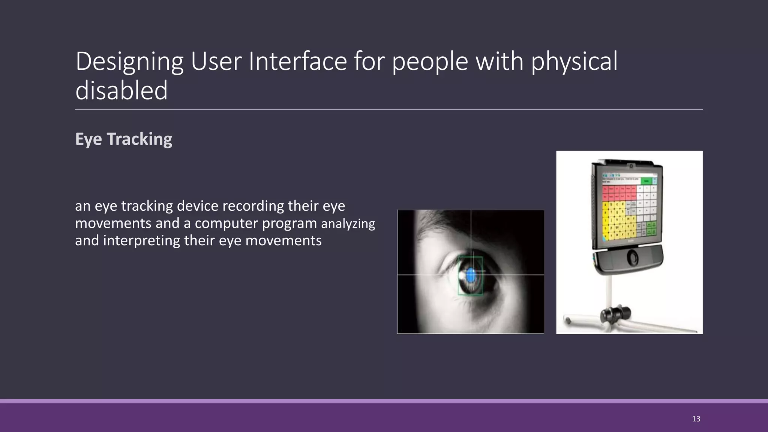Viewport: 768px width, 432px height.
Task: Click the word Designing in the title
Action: pyautogui.click(x=129, y=62)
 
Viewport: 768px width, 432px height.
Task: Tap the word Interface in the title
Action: pyautogui.click(x=298, y=62)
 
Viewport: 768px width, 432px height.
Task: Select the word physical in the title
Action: pyautogui.click(x=574, y=62)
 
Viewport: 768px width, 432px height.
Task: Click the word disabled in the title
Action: pyautogui.click(x=121, y=91)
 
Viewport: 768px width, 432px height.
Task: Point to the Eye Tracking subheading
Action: pyautogui.click(x=124, y=139)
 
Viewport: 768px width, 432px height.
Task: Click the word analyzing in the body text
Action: pyautogui.click(x=348, y=224)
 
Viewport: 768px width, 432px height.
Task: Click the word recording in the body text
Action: pyautogui.click(x=253, y=206)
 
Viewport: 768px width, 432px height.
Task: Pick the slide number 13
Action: pyautogui.click(x=696, y=419)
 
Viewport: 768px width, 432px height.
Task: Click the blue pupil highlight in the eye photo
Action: pyautogui.click(x=471, y=276)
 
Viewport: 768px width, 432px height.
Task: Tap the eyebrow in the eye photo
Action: pyautogui.click(x=435, y=229)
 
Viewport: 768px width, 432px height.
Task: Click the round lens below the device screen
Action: pyautogui.click(x=633, y=258)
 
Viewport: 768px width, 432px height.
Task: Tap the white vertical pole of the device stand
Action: pyautogui.click(x=610, y=291)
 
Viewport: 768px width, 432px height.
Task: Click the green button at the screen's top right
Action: pyautogui.click(x=646, y=181)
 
